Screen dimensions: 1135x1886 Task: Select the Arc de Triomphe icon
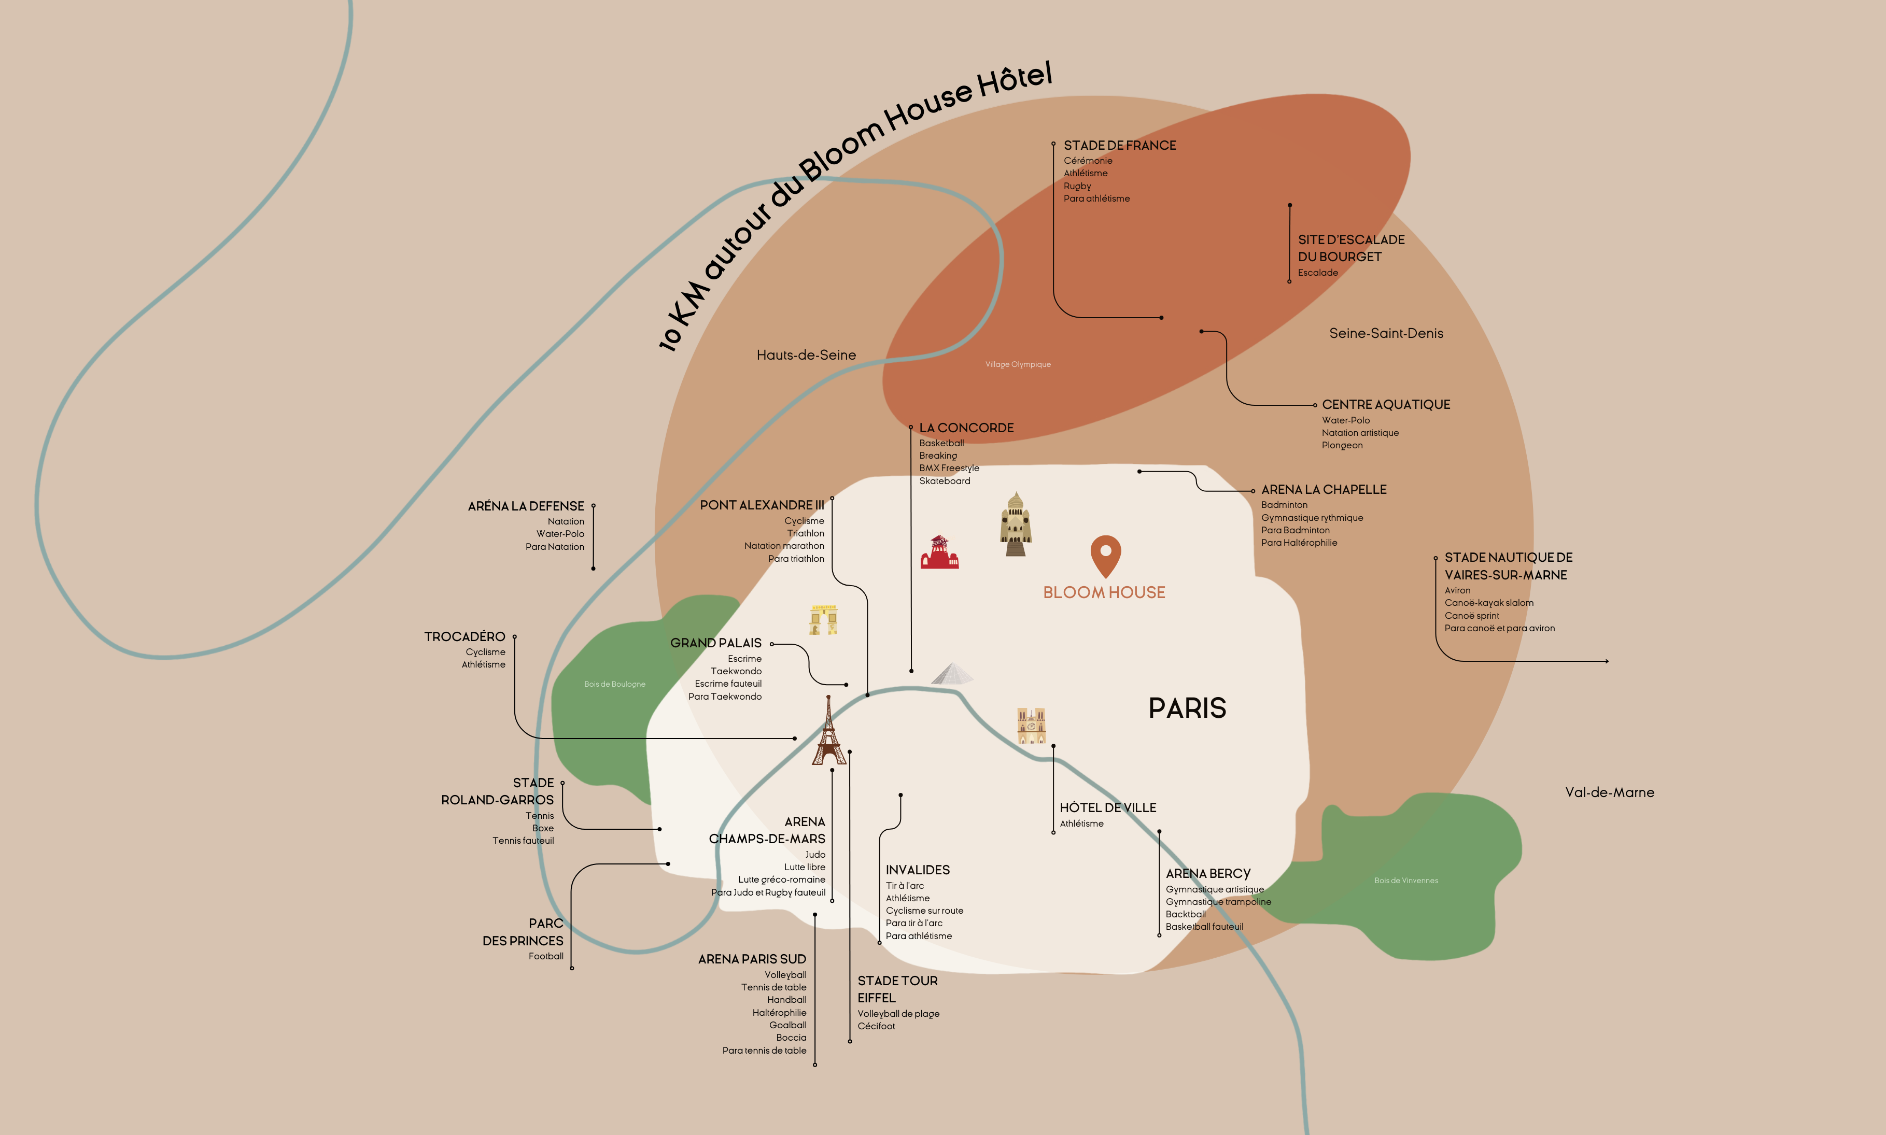[x=824, y=619]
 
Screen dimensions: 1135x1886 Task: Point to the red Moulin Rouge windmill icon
[x=939, y=552]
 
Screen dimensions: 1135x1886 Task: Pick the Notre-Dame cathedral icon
[x=1031, y=725]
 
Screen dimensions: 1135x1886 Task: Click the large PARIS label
[x=1187, y=708]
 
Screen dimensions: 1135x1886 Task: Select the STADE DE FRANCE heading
[x=1120, y=145]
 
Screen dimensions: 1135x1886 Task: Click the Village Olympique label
[x=1018, y=364]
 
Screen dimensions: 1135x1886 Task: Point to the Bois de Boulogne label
[x=615, y=684]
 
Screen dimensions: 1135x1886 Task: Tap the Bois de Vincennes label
[x=1406, y=881]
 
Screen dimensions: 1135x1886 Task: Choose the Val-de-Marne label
[x=1609, y=792]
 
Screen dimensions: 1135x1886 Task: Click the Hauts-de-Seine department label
[x=806, y=355]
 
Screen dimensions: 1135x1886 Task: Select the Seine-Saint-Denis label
[x=1386, y=333]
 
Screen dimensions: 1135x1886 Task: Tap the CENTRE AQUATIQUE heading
[x=1386, y=405]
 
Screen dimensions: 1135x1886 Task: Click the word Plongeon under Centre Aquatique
[x=1342, y=445]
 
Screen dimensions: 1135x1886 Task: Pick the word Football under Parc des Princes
[x=546, y=956]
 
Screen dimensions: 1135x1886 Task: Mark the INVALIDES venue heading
[x=918, y=870]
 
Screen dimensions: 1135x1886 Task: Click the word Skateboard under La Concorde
[x=945, y=481]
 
